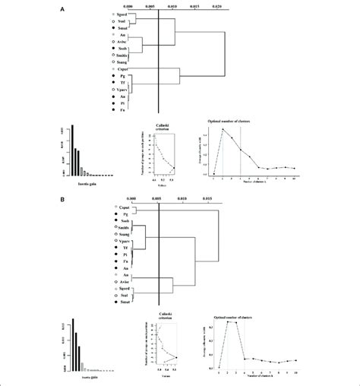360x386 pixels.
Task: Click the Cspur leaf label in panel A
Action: coord(118,69)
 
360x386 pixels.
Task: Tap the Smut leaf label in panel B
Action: coord(118,302)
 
